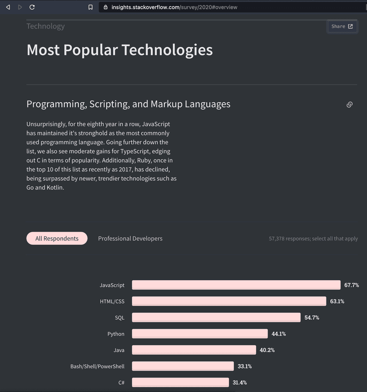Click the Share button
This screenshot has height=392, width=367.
coord(342,26)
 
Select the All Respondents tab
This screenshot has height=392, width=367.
coord(57,238)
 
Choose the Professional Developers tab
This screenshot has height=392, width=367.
coord(130,238)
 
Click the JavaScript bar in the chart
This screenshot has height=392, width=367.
coord(236,285)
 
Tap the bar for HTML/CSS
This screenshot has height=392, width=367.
coord(229,301)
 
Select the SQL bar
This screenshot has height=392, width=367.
coord(216,317)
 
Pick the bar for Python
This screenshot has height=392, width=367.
coord(200,334)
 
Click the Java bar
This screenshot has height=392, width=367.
coord(194,350)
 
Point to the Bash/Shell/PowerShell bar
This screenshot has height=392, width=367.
coord(183,366)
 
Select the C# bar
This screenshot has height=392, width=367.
coord(180,382)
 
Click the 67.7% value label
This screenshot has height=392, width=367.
coord(352,285)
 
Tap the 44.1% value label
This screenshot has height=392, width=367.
coord(279,334)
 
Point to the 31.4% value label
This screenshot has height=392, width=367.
coord(240,382)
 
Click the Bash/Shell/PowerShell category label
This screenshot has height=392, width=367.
coord(97,366)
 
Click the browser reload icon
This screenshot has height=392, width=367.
coord(32,7)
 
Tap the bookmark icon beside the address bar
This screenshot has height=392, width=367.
coord(91,7)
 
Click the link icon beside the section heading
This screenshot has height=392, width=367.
coord(349,105)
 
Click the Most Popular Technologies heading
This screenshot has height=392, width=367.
coord(120,50)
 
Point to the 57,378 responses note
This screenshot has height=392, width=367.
coord(313,238)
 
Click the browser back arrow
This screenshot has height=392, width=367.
coord(8,7)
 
